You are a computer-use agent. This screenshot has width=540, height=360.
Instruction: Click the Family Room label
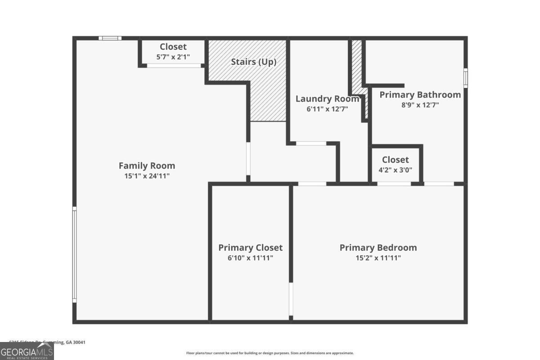pos(147,166)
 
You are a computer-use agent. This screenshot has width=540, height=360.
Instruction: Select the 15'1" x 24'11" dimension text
pos(147,176)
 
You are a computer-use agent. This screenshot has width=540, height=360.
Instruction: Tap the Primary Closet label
pos(250,247)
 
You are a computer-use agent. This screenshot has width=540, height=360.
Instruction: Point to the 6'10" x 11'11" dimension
pos(250,258)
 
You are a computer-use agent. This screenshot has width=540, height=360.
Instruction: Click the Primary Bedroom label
pos(378,247)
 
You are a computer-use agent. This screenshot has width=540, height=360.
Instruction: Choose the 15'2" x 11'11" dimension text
pos(378,258)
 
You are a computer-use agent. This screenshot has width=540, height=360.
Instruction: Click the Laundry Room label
pos(327,99)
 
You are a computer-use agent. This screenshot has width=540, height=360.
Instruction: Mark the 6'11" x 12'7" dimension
pos(327,108)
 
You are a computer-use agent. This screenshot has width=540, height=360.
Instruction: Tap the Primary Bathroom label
pos(420,94)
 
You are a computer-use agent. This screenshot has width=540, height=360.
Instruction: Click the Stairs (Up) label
pos(253,62)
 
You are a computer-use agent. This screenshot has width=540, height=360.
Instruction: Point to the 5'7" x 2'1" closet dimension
pos(173,57)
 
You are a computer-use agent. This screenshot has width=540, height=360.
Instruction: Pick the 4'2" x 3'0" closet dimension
pos(396,170)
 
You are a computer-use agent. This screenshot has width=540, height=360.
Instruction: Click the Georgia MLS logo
pos(27,351)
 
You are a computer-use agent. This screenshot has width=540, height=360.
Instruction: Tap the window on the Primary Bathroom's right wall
pos(465,78)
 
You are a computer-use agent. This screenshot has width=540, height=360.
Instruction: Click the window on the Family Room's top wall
pos(110,38)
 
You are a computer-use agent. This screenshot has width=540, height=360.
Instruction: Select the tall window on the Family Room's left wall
pos(75,254)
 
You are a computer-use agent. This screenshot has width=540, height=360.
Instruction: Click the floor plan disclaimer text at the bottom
pos(270,353)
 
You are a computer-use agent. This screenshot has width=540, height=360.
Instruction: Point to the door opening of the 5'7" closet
pos(174,66)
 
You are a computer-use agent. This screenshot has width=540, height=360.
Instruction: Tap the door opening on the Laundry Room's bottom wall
pos(311,144)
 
